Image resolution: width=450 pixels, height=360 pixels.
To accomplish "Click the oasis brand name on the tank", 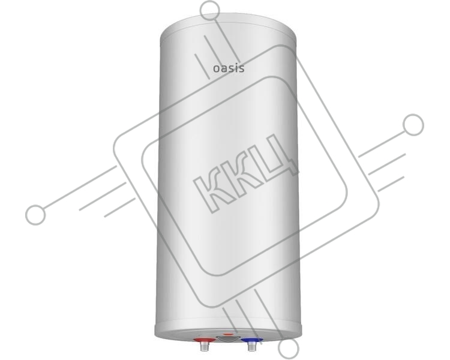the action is pos(229,68).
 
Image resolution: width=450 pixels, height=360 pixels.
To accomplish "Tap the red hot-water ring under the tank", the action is pos(204,341).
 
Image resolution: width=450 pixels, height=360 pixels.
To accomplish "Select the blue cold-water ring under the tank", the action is pos(251,341).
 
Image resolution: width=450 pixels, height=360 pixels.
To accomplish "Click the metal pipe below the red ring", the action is pos(204,347).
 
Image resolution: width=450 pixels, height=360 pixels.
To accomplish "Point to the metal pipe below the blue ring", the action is pos(251,347).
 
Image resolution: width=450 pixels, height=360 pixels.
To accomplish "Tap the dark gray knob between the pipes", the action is pos(227,339).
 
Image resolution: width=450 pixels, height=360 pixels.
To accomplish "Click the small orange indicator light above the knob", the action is pos(228,334).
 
